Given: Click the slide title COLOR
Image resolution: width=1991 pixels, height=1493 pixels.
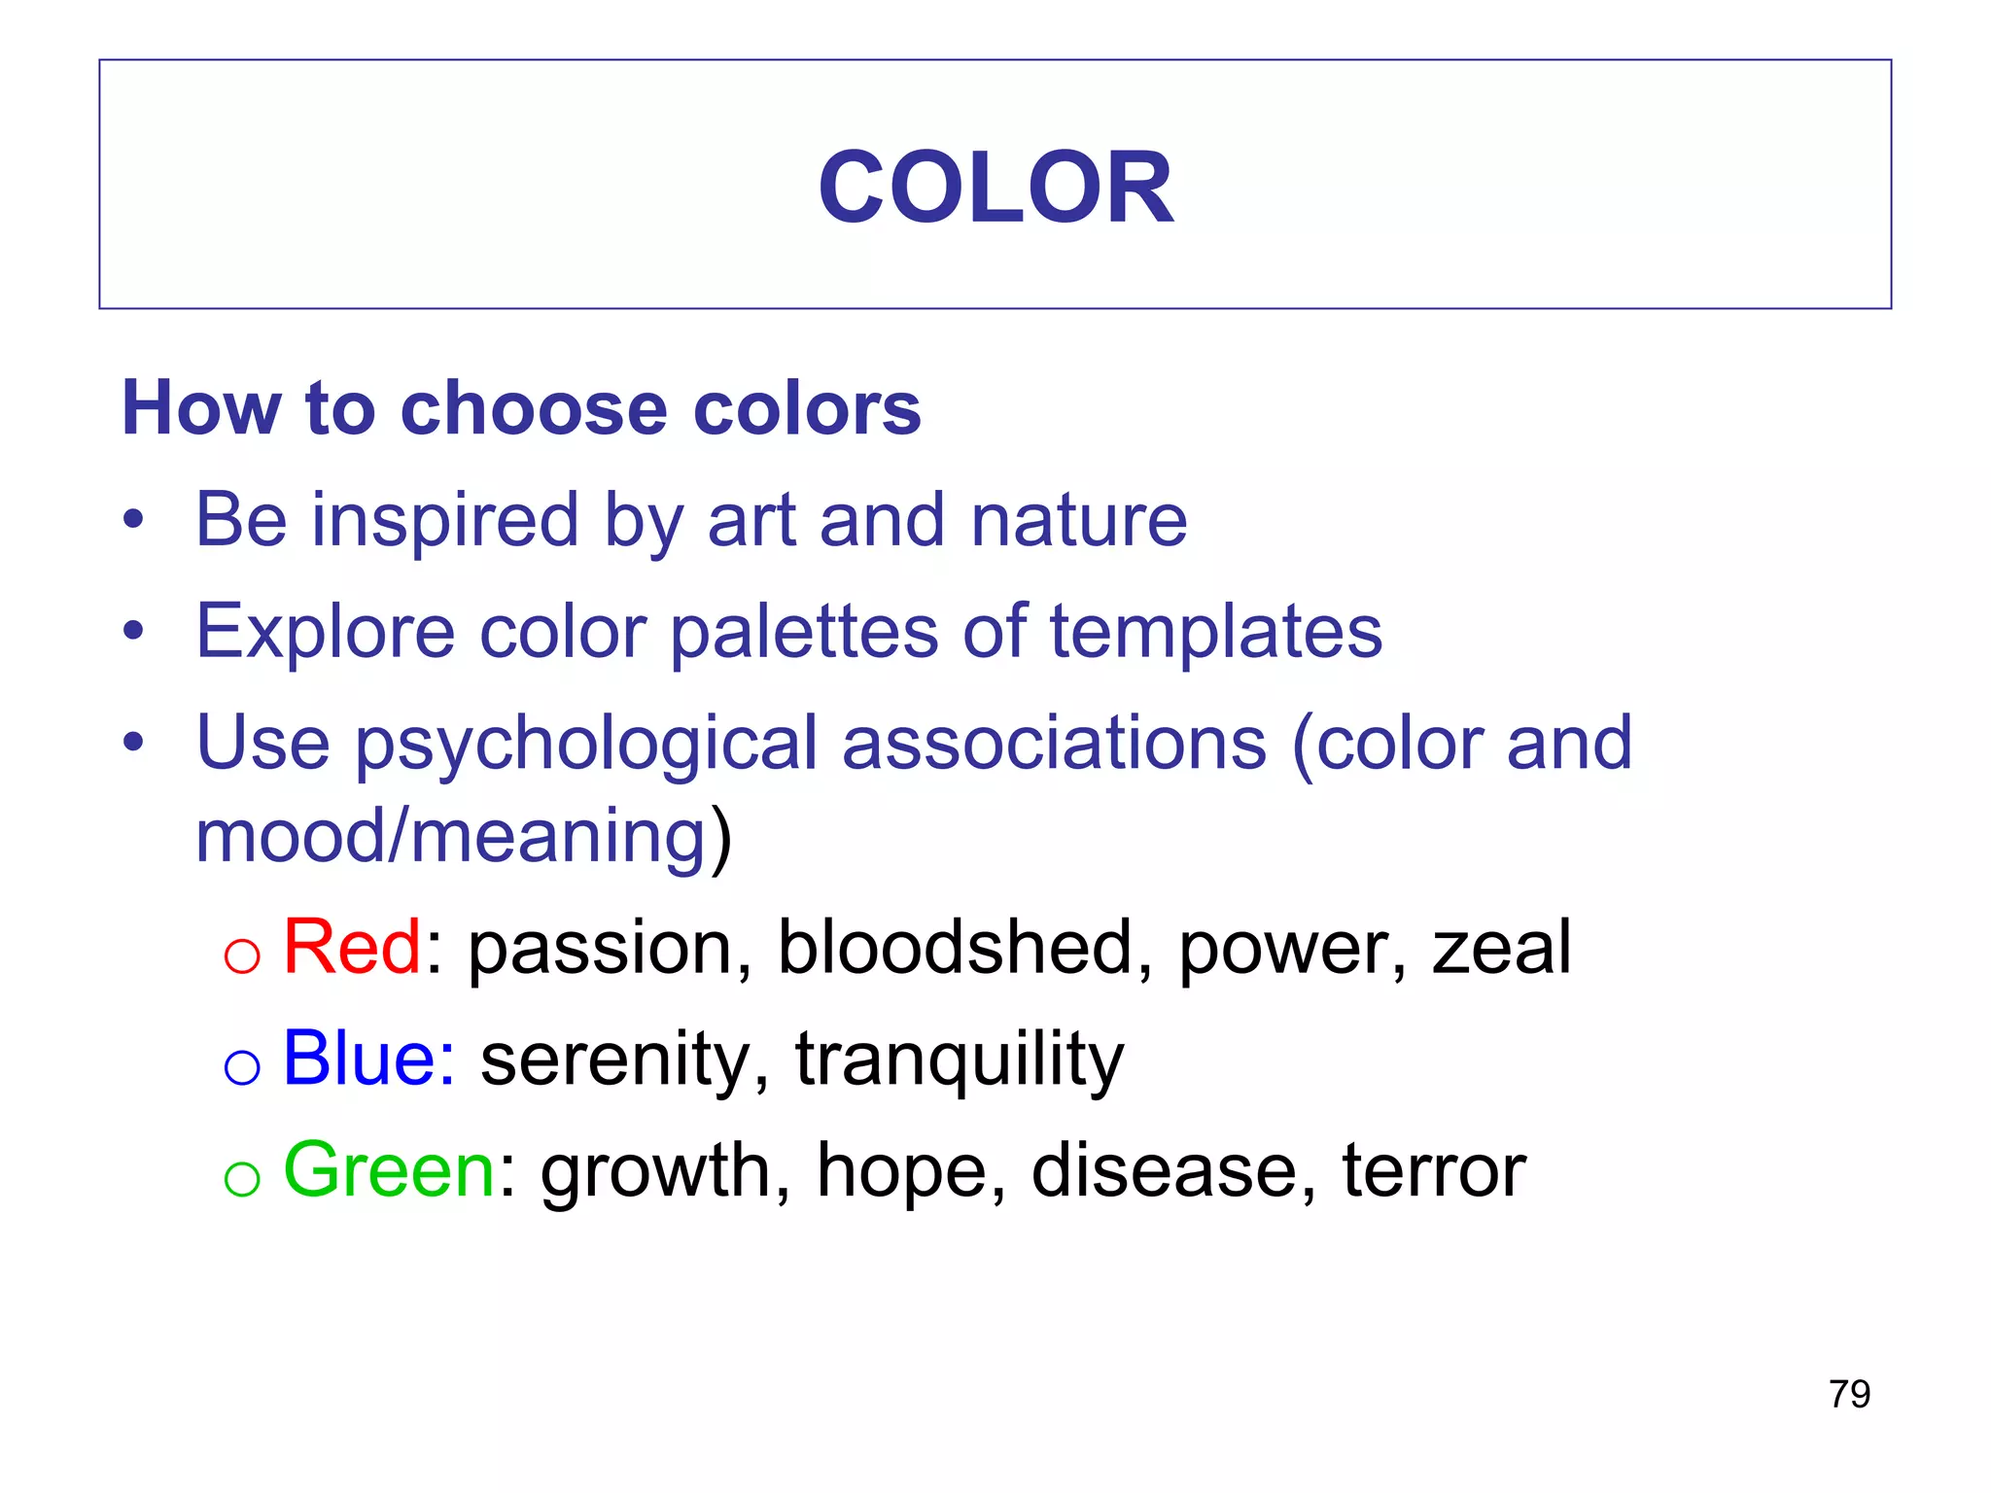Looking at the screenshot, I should point(995,187).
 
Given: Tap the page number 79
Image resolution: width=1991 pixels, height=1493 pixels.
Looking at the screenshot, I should point(1849,1394).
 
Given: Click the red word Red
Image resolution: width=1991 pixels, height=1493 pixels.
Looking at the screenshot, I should point(352,947).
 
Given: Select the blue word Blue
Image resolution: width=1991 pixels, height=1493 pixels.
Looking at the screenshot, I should point(368,1058).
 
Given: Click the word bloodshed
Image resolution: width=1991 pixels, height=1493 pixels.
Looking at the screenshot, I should point(956,947).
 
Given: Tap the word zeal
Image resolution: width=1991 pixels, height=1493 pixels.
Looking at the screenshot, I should point(1501,947).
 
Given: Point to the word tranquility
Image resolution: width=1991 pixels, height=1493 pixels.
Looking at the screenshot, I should point(960,1059).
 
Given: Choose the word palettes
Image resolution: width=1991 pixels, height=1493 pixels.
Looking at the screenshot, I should point(804,632).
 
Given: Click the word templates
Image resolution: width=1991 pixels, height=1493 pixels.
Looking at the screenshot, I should point(1216,632).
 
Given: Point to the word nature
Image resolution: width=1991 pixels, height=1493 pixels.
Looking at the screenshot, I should point(1079,520).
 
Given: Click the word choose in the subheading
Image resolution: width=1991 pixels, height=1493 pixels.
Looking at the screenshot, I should point(534,408).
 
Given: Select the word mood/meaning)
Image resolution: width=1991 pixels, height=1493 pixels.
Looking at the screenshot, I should point(464,836).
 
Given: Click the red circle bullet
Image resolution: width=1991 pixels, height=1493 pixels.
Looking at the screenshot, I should point(242,955).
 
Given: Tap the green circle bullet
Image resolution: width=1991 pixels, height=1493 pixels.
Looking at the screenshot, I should point(242,1179).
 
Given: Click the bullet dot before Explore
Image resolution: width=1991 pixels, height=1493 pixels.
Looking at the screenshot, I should point(133,630).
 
